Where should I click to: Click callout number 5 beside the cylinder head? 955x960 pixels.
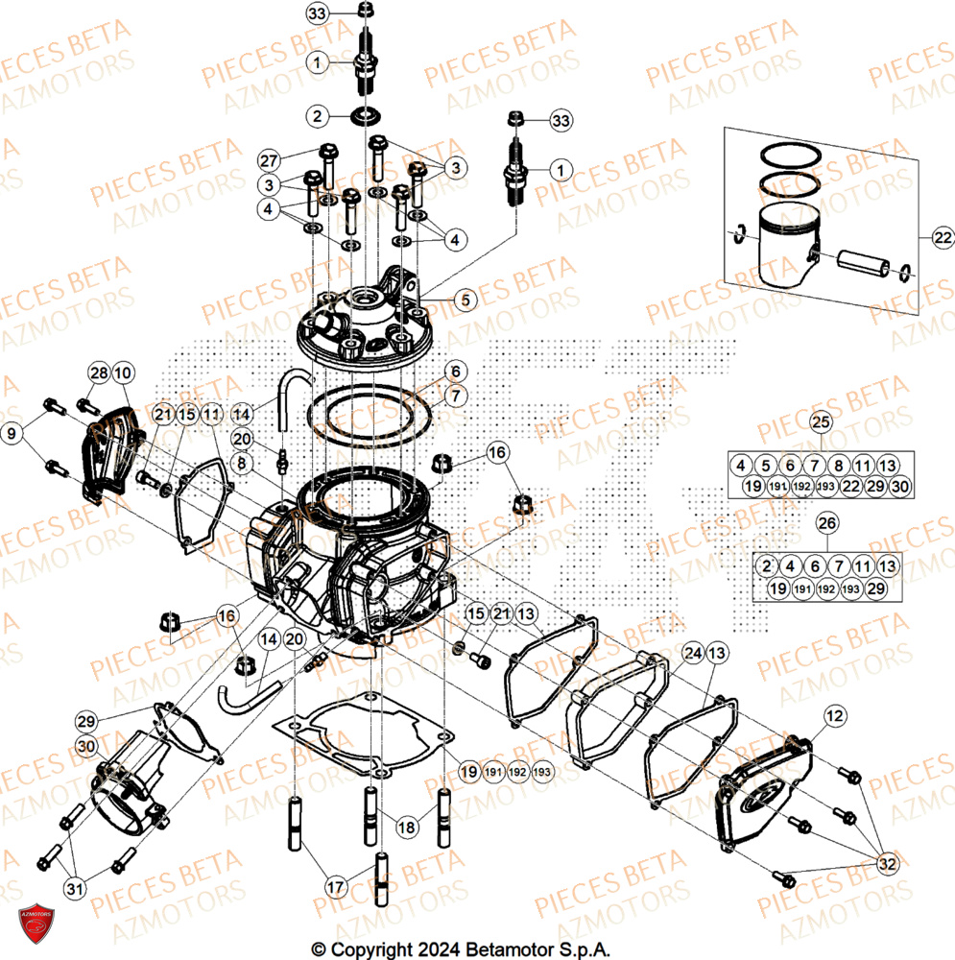coord(466,300)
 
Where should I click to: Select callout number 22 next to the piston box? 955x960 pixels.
coord(917,236)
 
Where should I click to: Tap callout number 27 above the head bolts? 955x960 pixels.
coord(269,159)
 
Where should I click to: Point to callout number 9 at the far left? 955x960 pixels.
coord(12,434)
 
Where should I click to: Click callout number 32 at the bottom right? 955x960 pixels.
coord(888,865)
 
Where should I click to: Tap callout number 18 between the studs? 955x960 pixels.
coord(407,825)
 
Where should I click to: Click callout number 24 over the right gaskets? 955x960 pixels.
coord(693,654)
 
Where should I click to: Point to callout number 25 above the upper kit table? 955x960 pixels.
coord(819,422)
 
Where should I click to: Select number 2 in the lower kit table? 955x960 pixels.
coord(768,565)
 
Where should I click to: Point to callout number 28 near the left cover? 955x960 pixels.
coord(98,372)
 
